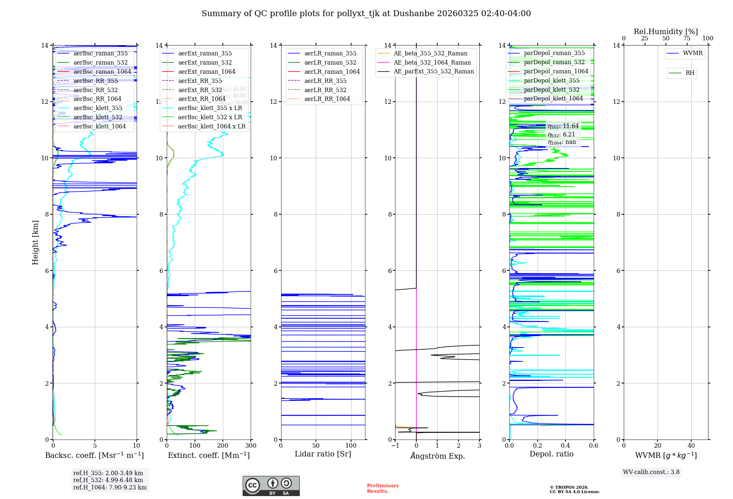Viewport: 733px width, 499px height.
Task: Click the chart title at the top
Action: (366, 14)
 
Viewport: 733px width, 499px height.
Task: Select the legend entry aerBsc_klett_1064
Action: (99, 126)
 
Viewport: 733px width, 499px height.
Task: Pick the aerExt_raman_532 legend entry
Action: (205, 62)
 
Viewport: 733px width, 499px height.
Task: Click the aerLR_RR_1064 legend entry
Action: (327, 99)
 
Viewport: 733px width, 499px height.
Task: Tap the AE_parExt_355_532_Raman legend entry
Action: (434, 71)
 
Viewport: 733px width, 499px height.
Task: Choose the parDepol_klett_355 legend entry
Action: (552, 80)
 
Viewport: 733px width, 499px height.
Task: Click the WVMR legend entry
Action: (693, 53)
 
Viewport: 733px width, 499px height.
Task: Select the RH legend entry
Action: (690, 73)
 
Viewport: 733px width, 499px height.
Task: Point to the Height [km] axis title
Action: (35, 243)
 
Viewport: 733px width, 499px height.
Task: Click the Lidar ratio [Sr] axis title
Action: (323, 454)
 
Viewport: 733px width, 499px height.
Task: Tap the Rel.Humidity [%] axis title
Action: (666, 32)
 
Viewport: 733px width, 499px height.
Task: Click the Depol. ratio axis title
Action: (551, 454)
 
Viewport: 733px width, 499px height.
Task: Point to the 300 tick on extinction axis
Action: (251, 445)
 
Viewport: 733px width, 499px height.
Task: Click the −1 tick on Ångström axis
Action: (395, 445)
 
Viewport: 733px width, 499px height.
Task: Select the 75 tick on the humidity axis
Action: (686, 39)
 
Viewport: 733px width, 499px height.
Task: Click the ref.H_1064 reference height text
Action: (110, 487)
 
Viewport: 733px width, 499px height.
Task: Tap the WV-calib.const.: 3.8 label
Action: (651, 472)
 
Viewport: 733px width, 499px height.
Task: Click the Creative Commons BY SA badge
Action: (271, 486)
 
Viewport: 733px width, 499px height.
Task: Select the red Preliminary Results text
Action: (383, 488)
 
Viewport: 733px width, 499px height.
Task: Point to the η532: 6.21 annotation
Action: (561, 135)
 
